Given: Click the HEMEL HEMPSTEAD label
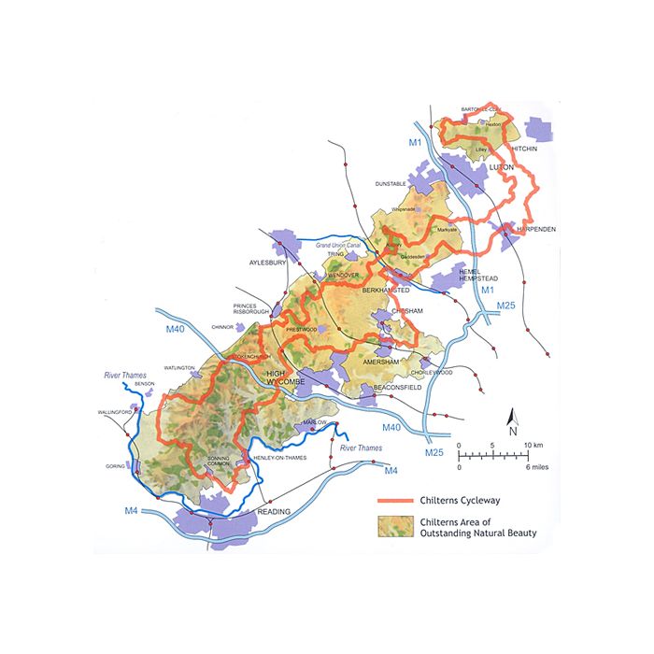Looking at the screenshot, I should pos(478,273).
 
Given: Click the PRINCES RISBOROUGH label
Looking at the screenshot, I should pos(251,307).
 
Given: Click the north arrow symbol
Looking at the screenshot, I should pos(512,421).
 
